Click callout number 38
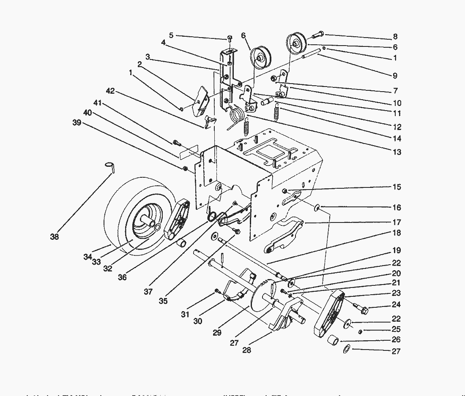coord(54,237)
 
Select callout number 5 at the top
coord(171,35)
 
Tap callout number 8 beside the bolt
coord(395,37)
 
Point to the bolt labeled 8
coord(318,33)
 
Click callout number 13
coord(397,152)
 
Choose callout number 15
coord(397,187)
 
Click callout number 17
coord(397,222)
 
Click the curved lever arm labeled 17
coord(283,236)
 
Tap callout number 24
coord(397,304)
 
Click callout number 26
coord(397,339)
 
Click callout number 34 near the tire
coord(88,257)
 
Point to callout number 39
coord(76,122)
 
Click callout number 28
coord(246,350)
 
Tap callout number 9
coord(395,76)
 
